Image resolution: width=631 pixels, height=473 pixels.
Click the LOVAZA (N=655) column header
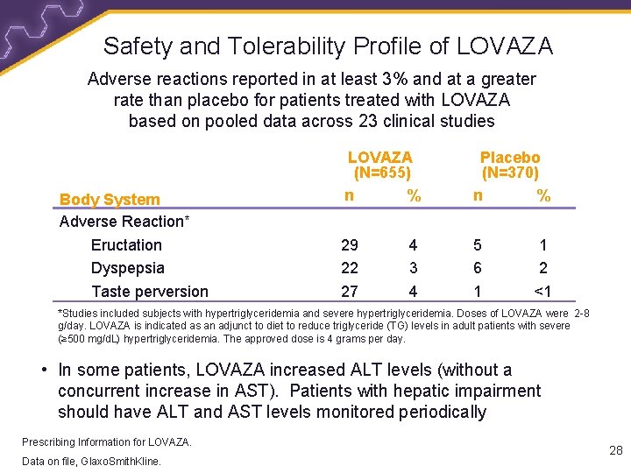[380, 165]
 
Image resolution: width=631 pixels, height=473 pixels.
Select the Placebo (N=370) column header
[510, 165]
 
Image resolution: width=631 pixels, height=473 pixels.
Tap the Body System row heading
[110, 200]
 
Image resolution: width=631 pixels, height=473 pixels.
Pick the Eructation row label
[126, 245]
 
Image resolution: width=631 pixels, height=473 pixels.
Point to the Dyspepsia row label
[127, 268]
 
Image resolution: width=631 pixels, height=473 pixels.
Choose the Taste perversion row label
[150, 292]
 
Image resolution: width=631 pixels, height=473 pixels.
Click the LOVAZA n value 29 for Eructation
[350, 245]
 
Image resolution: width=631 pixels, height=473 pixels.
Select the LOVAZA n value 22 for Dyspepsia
[350, 268]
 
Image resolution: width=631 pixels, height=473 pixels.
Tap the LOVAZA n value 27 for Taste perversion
[350, 292]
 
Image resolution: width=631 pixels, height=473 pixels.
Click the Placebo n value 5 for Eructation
[478, 245]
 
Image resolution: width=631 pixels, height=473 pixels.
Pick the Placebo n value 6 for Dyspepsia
[478, 268]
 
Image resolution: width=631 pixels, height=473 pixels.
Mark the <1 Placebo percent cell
[543, 292]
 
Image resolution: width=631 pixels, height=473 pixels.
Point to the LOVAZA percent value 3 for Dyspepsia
[413, 268]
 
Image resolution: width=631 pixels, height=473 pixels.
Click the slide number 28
[615, 450]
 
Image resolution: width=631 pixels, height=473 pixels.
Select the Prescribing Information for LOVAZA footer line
[107, 441]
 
